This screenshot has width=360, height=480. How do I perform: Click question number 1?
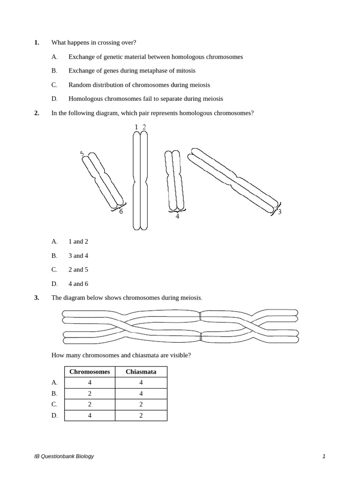[37, 43]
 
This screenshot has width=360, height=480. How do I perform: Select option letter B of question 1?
[54, 71]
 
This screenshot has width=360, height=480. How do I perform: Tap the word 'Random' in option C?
[80, 85]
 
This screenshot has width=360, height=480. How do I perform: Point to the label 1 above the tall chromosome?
[136, 127]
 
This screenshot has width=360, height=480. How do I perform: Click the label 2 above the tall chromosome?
[144, 127]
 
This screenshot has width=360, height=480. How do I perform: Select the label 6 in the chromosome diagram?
[121, 211]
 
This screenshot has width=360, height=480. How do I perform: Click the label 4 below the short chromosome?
[177, 217]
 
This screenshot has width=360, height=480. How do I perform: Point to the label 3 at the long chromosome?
[279, 212]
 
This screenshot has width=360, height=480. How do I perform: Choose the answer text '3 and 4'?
[78, 255]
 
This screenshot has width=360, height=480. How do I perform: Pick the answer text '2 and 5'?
[78, 270]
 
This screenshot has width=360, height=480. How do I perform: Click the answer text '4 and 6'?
[78, 284]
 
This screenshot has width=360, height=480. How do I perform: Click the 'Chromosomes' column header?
[90, 372]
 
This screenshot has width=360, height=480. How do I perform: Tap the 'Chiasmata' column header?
[141, 372]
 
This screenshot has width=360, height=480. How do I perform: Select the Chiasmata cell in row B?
[141, 393]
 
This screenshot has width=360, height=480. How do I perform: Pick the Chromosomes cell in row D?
[90, 415]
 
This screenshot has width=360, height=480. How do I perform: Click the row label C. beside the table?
[54, 404]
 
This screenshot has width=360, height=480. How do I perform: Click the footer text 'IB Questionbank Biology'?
[64, 456]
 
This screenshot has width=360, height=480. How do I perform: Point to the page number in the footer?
[323, 456]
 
